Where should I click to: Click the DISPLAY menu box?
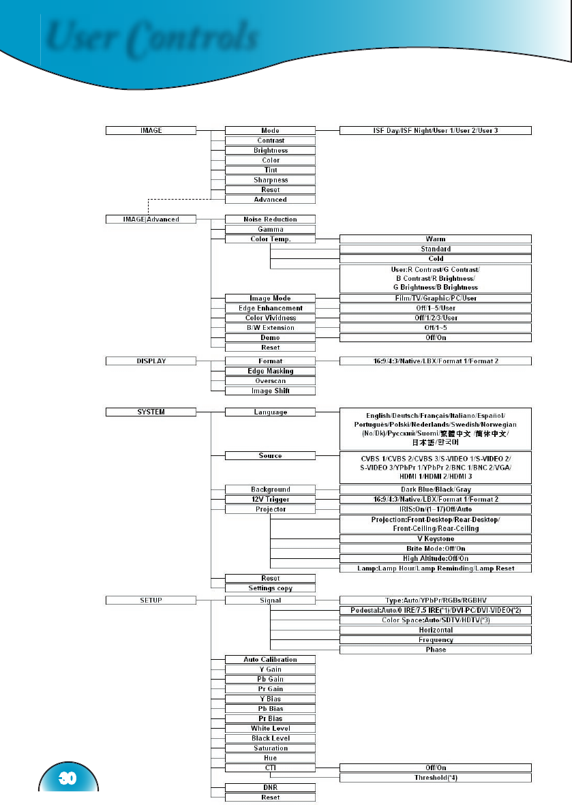[151, 361]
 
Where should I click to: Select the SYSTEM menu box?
[151, 412]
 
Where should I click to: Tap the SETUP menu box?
[151, 601]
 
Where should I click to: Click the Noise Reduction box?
[270, 219]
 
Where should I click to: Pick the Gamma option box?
[270, 230]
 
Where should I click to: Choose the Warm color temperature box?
[436, 239]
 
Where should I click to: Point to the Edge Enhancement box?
[270, 308]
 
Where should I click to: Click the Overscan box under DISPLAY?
[270, 381]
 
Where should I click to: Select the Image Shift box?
[270, 391]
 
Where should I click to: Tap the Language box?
[270, 412]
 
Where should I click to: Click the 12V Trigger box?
[270, 499]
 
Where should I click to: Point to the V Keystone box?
[436, 538]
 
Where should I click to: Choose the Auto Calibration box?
[270, 659]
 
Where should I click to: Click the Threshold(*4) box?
[436, 778]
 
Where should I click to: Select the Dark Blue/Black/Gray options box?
[436, 489]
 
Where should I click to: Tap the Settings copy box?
[270, 588]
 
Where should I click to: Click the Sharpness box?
[270, 180]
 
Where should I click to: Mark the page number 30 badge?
[68, 778]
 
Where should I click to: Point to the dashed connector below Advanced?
[177, 200]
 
